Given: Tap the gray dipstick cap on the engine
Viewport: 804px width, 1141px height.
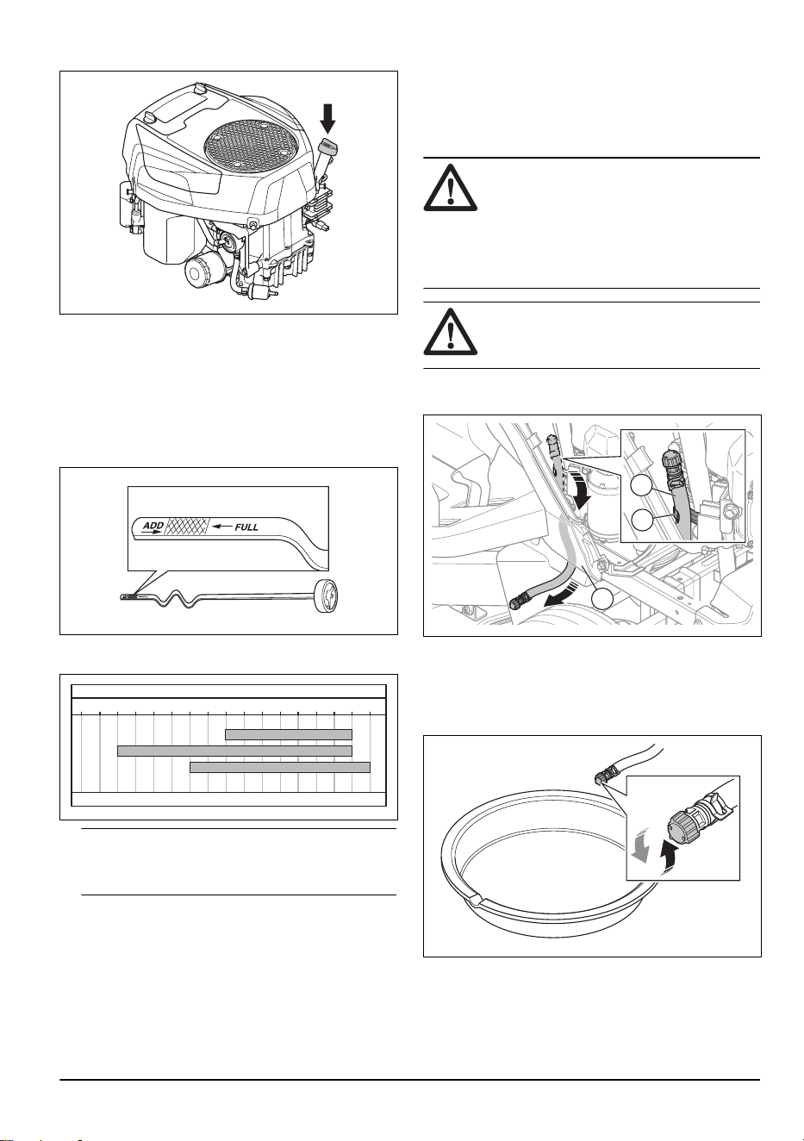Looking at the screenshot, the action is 327,147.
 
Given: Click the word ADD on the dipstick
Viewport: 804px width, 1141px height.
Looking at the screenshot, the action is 153,525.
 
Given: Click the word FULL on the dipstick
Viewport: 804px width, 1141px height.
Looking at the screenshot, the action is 246,527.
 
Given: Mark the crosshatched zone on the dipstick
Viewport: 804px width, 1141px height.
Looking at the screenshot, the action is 189,527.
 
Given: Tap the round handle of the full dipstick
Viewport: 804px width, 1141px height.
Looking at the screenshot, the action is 328,597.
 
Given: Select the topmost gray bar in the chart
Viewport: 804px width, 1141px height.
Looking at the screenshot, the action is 289,734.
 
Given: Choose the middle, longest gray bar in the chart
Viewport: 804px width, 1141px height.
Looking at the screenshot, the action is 235,751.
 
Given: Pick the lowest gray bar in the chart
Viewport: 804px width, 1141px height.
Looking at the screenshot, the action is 280,767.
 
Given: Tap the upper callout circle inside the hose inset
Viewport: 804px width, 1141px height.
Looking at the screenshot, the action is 641,486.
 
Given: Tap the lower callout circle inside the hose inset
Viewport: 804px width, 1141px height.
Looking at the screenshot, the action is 641,520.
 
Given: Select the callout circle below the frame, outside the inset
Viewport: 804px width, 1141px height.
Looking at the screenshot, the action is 602,599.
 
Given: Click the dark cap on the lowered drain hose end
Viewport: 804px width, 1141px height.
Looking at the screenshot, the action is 517,603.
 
